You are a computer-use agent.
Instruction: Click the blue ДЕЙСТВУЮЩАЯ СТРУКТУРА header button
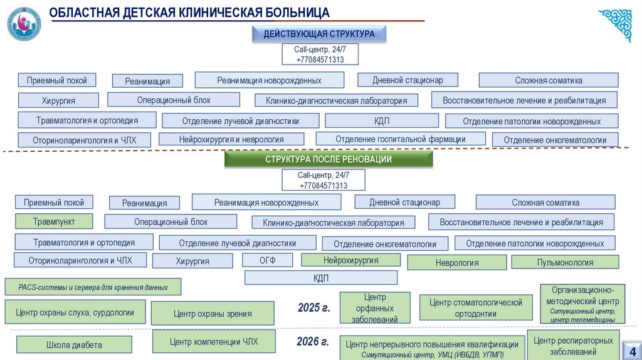318,34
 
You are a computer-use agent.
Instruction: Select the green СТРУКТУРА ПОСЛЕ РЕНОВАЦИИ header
329,160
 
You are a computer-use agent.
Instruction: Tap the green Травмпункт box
54,221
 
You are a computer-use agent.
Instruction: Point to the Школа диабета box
74,345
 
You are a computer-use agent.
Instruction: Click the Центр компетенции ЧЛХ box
214,341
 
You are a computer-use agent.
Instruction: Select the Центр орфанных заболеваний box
374,308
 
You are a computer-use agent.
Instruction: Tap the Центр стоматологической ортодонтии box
476,308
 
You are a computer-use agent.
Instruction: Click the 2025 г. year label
313,308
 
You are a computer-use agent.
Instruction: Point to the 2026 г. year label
313,342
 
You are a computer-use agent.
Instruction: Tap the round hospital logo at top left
24,24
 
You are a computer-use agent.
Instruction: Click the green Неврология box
457,263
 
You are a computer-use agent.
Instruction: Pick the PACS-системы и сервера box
93,287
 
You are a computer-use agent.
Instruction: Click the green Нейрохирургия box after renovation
350,260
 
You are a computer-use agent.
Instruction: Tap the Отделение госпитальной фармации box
400,139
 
